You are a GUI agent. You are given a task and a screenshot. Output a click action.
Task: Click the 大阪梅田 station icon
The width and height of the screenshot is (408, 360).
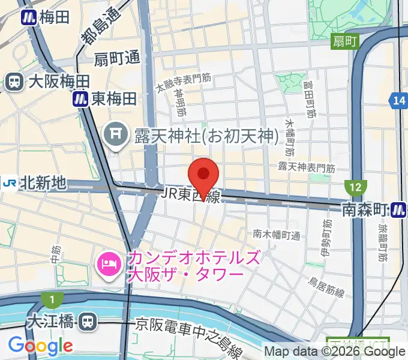(x=13, y=82)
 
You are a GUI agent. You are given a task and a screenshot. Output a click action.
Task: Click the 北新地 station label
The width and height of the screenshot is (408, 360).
(x=42, y=182)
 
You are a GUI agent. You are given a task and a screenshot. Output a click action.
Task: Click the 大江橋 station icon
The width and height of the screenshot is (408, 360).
(x=88, y=322)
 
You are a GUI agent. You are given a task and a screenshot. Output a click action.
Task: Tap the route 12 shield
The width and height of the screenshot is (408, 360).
(x=355, y=188)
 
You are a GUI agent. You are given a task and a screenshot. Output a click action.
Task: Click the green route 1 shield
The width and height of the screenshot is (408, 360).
(x=52, y=299)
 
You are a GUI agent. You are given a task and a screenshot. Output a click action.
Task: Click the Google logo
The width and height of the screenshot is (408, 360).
(x=40, y=346)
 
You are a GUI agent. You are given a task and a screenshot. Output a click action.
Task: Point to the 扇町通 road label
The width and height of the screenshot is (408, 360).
(x=117, y=59)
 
